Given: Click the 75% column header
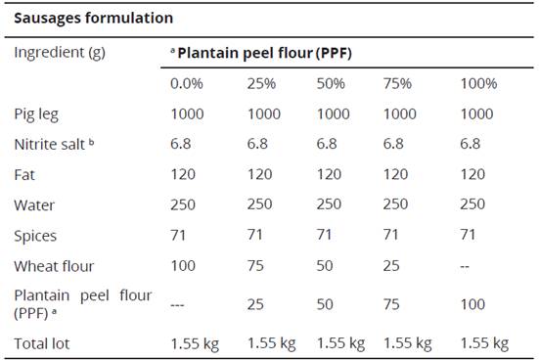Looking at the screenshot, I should pos(401,83).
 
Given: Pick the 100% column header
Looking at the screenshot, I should pos(478,83).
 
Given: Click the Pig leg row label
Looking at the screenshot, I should pos(36,113).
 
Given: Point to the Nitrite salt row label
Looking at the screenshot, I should pos(52,144).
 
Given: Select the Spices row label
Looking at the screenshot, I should pos(35,236).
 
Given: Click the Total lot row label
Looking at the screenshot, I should pos(41,342).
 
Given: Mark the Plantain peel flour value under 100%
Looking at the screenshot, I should pos(472,304).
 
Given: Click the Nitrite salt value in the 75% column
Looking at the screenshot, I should pos(398,144).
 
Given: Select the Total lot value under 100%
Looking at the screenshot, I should pos(484,342).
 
